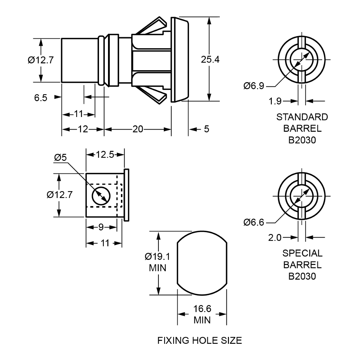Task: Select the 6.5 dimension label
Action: pyautogui.click(x=41, y=97)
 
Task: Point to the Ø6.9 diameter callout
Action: pyautogui.click(x=254, y=86)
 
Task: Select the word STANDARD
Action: pyautogui.click(x=302, y=117)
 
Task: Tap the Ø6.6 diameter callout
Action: pyautogui.click(x=254, y=222)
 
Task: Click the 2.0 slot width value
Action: pyautogui.click(x=276, y=238)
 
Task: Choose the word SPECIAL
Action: pyautogui.click(x=302, y=254)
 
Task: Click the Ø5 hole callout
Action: pyautogui.click(x=60, y=158)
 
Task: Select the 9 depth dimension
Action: pyautogui.click(x=101, y=228)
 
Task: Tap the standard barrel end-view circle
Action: pyautogui.click(x=302, y=60)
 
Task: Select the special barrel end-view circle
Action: pyautogui.click(x=302, y=197)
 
